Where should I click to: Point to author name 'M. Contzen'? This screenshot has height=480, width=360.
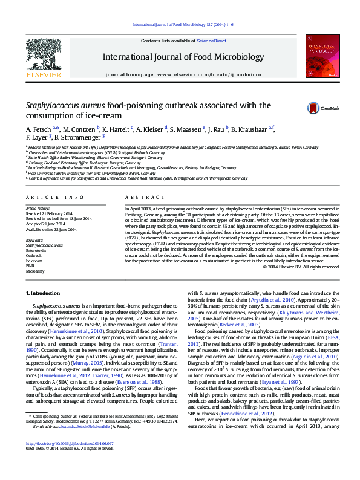(x=79, y=129)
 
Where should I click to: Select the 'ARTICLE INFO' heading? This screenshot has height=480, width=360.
(x=54, y=198)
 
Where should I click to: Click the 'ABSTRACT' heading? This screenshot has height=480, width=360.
(x=140, y=198)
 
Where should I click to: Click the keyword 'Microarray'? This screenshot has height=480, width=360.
(x=35, y=271)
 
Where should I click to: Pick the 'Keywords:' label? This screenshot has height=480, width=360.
(x=35, y=240)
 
